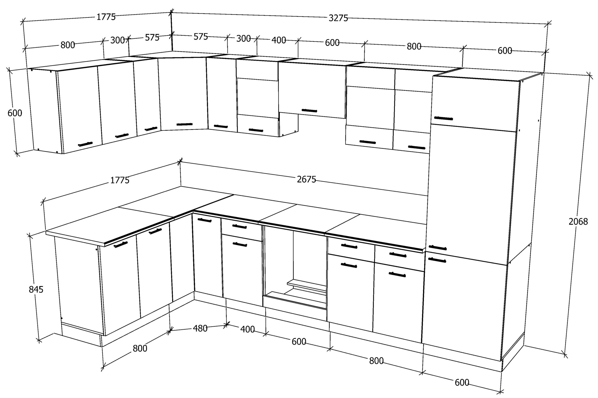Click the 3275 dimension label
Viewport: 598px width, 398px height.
338,18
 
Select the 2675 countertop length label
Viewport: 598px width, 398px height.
307,179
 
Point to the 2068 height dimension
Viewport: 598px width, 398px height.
578,222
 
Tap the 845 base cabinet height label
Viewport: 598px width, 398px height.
36,289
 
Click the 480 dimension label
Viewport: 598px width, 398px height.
200,329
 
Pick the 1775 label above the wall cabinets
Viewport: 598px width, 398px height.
106,17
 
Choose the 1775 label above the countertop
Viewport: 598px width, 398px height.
120,180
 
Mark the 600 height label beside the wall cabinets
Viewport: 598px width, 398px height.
15,113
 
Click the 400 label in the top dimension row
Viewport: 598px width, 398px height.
279,40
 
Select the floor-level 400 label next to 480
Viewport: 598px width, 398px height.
247,329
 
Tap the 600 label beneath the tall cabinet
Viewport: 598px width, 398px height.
462,382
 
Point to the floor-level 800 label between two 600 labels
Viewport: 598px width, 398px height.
376,361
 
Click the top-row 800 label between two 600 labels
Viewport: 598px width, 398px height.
414,46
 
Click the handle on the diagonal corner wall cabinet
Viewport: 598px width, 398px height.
185,124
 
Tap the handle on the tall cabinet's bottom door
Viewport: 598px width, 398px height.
437,260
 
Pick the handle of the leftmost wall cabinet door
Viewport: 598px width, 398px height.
85,144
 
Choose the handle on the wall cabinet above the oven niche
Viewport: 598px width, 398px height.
309,110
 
